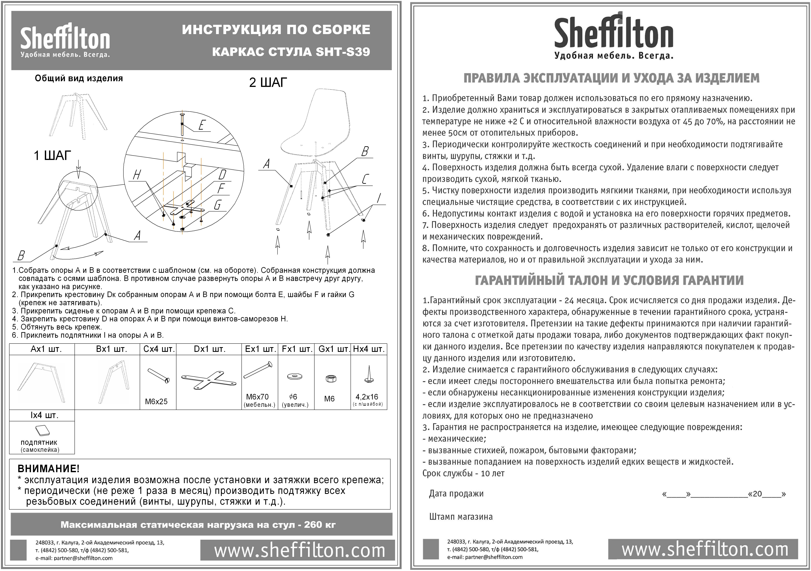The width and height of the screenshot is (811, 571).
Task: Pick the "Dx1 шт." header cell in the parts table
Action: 209,349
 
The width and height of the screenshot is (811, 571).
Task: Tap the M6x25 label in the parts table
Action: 156,401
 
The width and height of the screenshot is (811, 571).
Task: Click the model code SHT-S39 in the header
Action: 343,52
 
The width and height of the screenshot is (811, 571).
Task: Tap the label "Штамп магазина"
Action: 461,517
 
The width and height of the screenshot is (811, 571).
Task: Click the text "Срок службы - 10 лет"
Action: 463,473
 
